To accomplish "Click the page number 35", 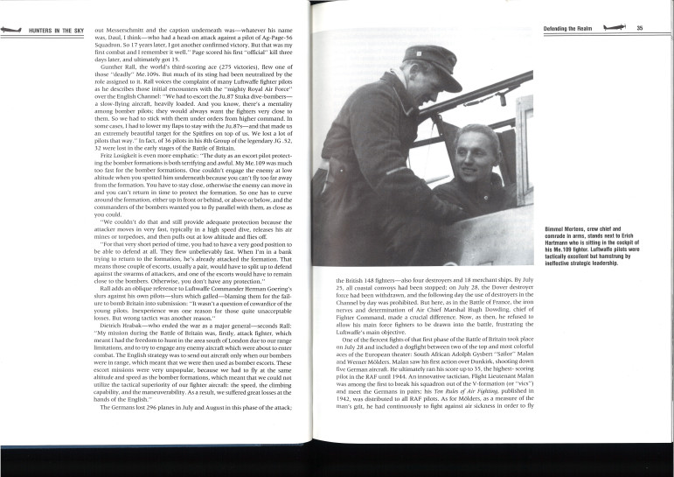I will (x=641, y=28).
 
